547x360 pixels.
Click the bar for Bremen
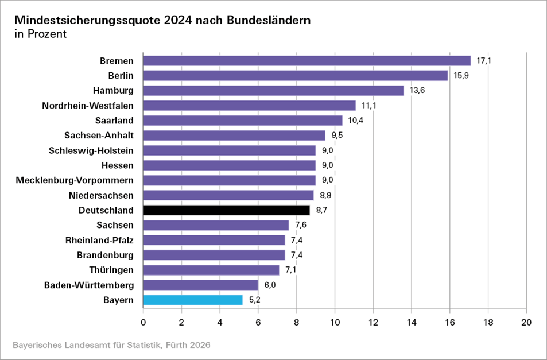click(x=307, y=61)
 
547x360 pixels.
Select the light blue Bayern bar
click(x=193, y=300)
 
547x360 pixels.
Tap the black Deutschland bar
click(x=226, y=210)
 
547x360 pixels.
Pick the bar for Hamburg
click(x=273, y=91)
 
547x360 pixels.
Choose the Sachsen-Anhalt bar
click(x=234, y=136)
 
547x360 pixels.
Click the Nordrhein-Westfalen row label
click(x=88, y=106)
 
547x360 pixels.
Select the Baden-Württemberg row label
click(x=89, y=285)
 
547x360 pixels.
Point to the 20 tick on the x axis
click(x=526, y=323)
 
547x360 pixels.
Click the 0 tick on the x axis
click(x=143, y=323)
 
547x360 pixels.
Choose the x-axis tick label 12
click(x=373, y=323)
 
